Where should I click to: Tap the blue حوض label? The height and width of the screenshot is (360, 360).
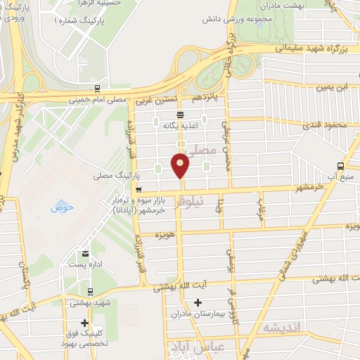[58, 208]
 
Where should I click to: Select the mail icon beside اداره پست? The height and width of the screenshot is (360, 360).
[85, 254]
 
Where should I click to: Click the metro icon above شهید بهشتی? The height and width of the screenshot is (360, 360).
[89, 291]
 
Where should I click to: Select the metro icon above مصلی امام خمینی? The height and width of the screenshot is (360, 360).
[96, 89]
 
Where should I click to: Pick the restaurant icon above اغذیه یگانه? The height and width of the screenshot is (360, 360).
[180, 114]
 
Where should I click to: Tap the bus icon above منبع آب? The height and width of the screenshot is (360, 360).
[340, 166]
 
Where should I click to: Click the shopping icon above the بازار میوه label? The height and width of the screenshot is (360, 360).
[139, 189]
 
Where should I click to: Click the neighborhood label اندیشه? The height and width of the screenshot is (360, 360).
[281, 328]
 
